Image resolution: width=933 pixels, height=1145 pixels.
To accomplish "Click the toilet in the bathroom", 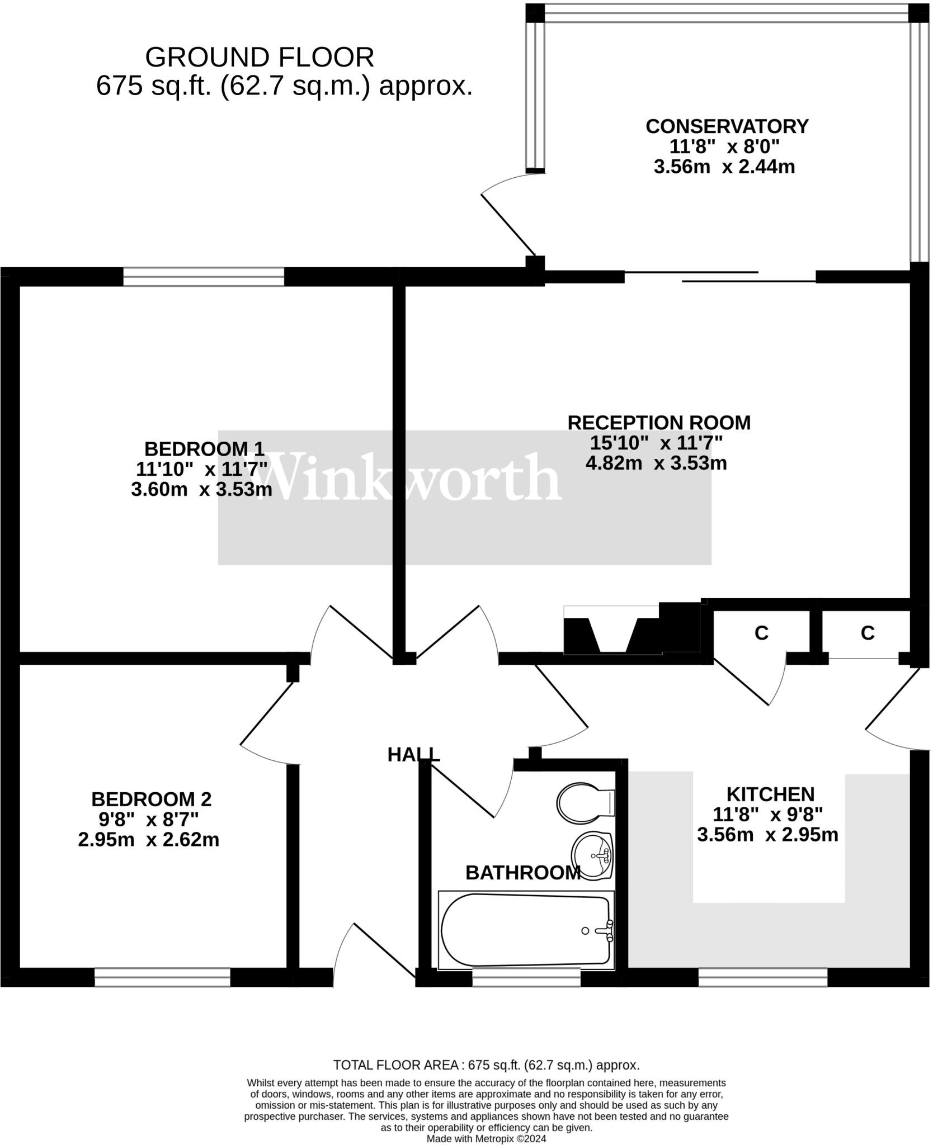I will pyautogui.click(x=585, y=803).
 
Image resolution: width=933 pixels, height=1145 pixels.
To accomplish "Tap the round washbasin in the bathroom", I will pyautogui.click(x=593, y=856).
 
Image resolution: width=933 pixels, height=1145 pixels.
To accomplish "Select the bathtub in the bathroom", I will pyautogui.click(x=526, y=931).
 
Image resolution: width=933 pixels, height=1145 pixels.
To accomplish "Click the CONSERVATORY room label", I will pyautogui.click(x=727, y=126).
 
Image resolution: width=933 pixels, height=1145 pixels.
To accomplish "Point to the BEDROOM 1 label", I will pyautogui.click(x=204, y=448).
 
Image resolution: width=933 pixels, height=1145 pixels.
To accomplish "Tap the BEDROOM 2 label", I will pyautogui.click(x=151, y=799).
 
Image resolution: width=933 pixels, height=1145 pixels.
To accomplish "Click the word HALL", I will pyautogui.click(x=414, y=755).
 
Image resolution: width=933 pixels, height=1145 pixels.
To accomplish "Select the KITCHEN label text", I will pyautogui.click(x=770, y=794).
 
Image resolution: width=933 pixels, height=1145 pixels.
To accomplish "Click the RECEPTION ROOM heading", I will pyautogui.click(x=658, y=423).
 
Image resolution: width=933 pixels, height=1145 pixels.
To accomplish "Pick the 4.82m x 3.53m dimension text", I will pyautogui.click(x=656, y=463).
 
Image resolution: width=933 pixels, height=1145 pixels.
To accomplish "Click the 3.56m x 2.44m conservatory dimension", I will pyautogui.click(x=724, y=167).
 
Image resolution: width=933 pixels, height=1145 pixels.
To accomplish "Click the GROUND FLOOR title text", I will pyautogui.click(x=260, y=57).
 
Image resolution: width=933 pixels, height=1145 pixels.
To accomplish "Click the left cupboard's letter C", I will pyautogui.click(x=761, y=633).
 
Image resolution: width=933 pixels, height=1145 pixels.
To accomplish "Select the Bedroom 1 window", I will pyautogui.click(x=204, y=277).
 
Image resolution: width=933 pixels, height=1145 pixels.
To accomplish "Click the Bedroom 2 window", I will pyautogui.click(x=162, y=977).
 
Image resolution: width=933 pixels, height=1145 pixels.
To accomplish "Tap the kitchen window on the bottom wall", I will pyautogui.click(x=762, y=977).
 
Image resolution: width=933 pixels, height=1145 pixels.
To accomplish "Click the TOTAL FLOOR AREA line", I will pyautogui.click(x=486, y=1064).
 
